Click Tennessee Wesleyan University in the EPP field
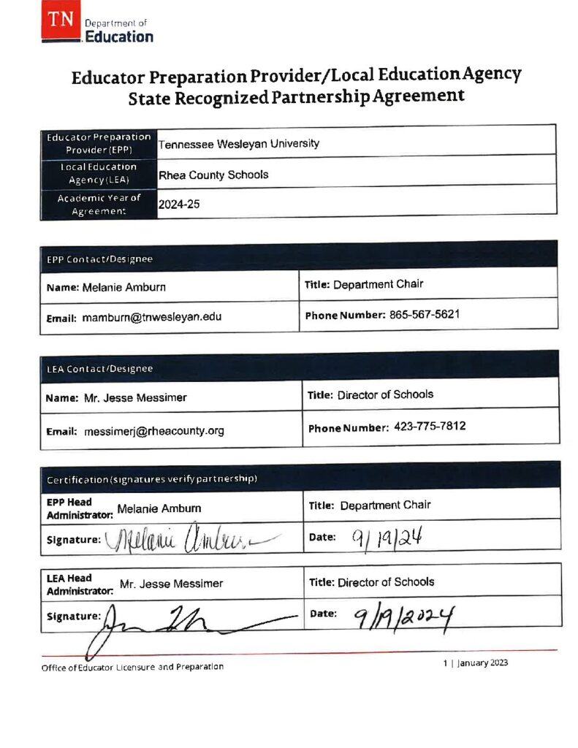pyautogui.click(x=239, y=144)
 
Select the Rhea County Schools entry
pyautogui.click(x=213, y=175)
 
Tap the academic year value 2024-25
pyautogui.click(x=179, y=205)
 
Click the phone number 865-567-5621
pyautogui.click(x=425, y=314)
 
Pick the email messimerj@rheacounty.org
pyautogui.click(x=153, y=431)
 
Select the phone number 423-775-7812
pyautogui.click(x=430, y=427)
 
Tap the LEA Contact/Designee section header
pyautogui.click(x=99, y=369)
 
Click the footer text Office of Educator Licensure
pyautogui.click(x=132, y=666)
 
